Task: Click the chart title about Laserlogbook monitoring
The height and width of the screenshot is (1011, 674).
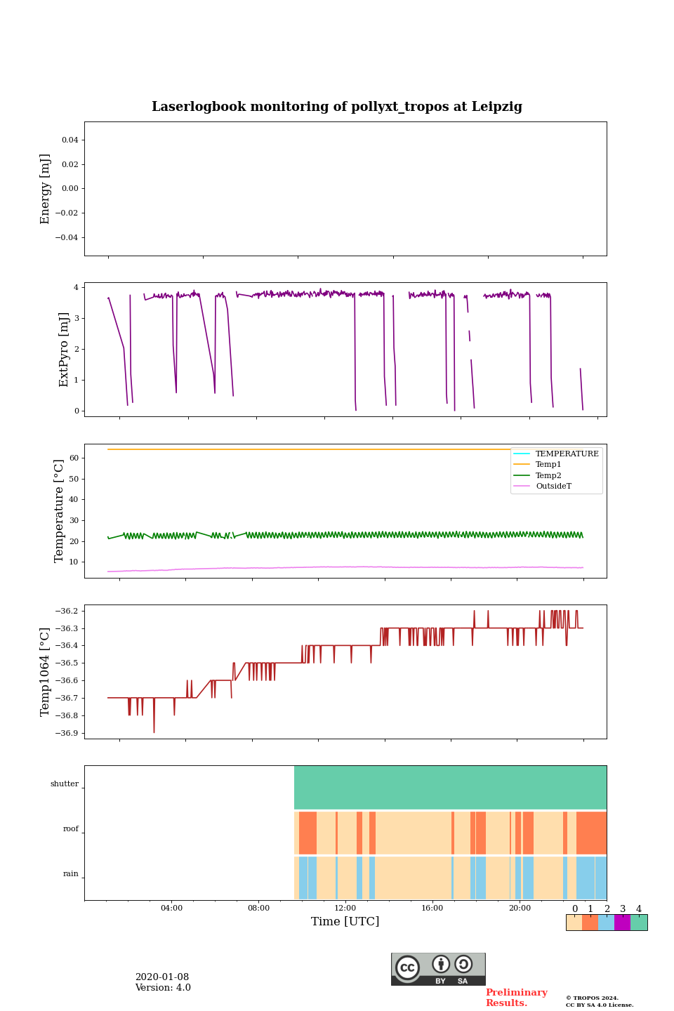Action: coord(337,107)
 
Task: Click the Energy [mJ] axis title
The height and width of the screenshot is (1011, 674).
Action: coord(46,189)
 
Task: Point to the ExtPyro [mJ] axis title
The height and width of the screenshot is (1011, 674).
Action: coord(64,350)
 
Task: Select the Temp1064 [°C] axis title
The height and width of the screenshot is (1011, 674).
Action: coord(46,672)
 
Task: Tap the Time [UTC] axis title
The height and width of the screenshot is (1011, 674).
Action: coord(345,922)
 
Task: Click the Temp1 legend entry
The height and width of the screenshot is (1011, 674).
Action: coord(548,465)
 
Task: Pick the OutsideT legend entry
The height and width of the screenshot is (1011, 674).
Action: coord(553,487)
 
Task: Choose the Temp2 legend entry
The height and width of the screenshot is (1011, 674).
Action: coord(548,475)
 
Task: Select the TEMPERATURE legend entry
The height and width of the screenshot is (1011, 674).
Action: coord(567,454)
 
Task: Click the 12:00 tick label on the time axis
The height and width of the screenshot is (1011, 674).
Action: coord(345,908)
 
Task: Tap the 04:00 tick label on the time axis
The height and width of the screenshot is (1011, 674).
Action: coord(171,908)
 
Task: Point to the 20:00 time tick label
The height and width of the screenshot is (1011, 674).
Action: coord(520,908)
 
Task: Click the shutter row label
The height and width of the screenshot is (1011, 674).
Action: coord(65,784)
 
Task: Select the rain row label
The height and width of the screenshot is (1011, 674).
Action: coord(71,874)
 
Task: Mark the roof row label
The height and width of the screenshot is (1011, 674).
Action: coord(71,829)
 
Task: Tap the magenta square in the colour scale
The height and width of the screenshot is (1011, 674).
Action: coord(622,923)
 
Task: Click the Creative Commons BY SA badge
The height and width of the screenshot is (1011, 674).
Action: coord(438,969)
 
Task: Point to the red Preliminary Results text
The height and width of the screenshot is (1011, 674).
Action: coord(516,998)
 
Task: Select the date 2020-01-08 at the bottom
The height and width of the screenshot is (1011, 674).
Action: coord(162,977)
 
